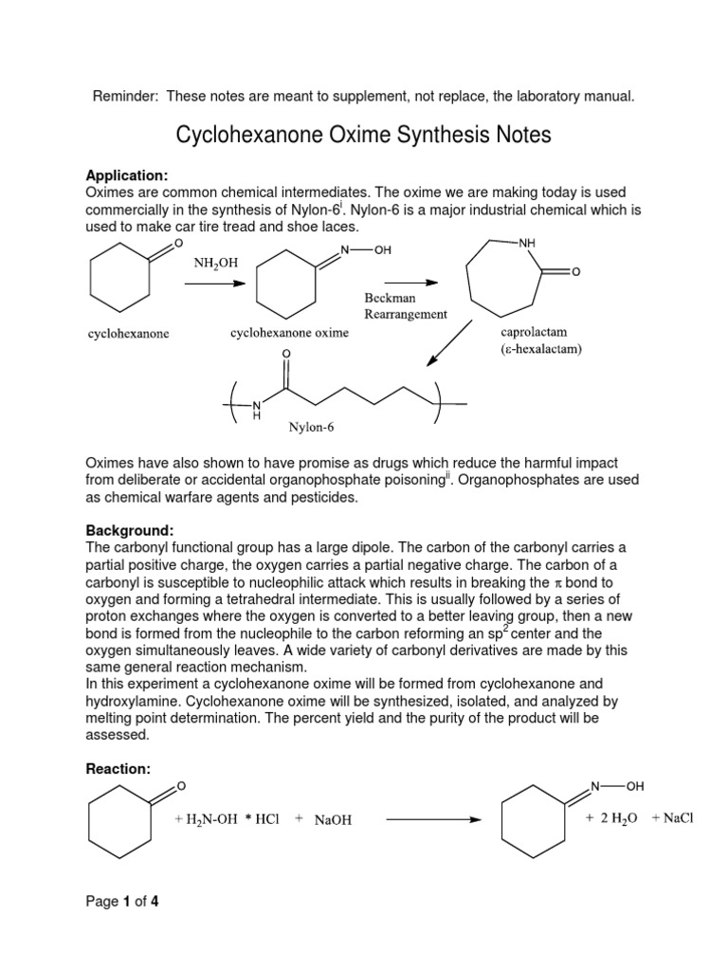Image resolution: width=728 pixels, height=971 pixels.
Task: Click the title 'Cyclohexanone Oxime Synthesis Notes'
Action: point(363,136)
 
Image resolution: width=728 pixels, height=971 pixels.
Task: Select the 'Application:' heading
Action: point(127,175)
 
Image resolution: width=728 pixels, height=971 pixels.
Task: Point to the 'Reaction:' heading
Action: point(118,769)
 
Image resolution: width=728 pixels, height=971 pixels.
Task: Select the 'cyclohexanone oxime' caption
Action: point(289,333)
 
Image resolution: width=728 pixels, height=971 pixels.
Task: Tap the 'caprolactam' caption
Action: point(536,333)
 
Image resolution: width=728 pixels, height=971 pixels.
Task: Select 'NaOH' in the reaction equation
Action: point(333,821)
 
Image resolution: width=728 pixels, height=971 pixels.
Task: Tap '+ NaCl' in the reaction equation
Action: point(673,818)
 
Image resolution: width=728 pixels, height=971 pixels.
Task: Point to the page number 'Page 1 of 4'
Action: point(122,902)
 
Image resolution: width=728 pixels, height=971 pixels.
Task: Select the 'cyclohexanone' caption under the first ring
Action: point(129,334)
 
